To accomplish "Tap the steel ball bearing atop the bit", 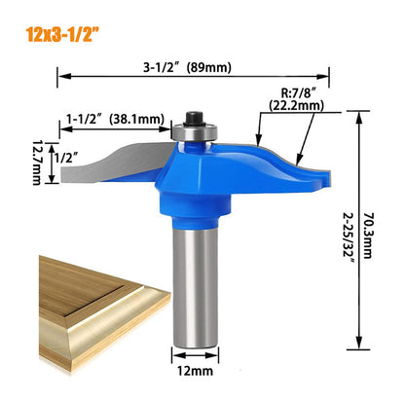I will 191,128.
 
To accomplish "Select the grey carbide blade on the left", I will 107,165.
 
